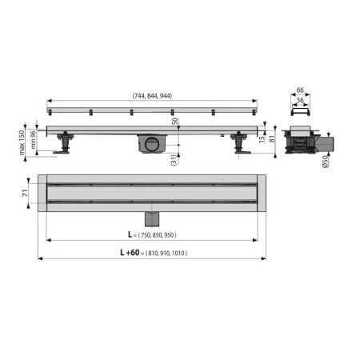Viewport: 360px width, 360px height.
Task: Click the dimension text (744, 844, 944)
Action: point(152,96)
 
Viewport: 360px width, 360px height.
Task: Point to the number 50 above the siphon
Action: point(174,122)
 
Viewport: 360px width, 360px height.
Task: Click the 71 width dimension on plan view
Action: point(26,193)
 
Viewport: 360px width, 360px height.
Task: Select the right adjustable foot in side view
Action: point(239,145)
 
